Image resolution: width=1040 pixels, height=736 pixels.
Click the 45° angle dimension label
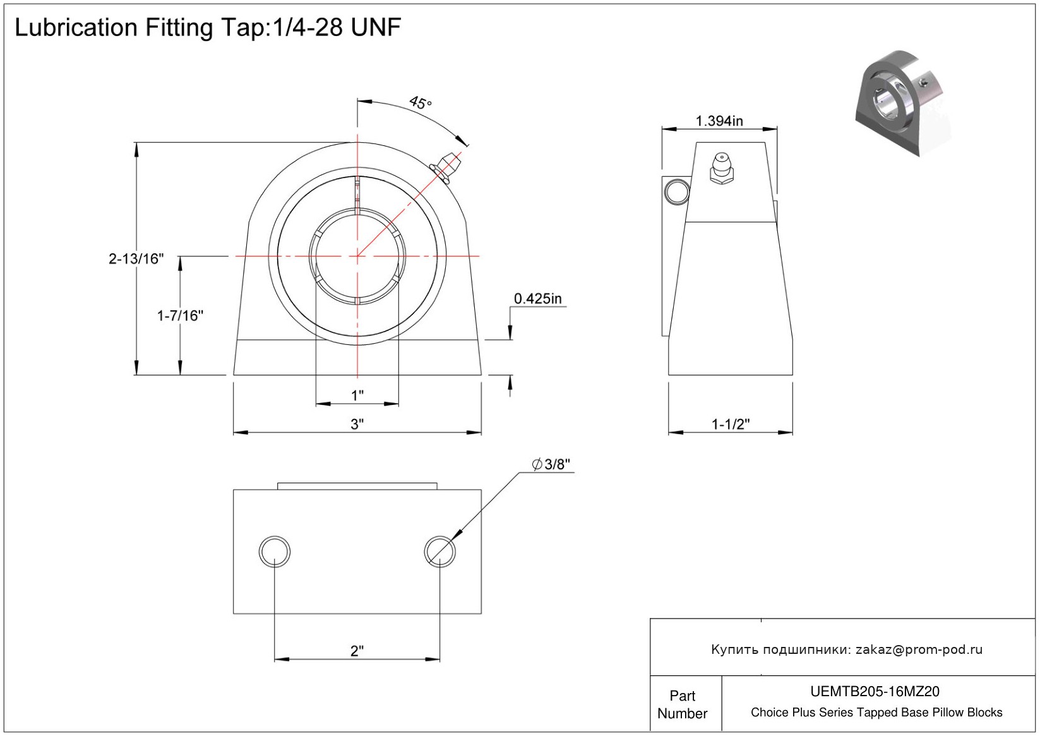point(420,102)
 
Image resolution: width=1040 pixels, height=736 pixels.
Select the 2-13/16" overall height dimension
point(136,258)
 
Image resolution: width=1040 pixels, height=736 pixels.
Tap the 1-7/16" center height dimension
point(180,315)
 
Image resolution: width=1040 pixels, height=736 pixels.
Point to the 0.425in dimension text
point(537,299)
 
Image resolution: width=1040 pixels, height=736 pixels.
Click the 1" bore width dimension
point(357,395)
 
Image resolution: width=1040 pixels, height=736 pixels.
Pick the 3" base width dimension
point(357,424)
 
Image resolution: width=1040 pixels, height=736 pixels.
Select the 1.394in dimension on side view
point(719,121)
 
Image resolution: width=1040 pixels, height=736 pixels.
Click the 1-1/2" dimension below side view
point(731,424)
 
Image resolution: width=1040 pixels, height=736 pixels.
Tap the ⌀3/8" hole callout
point(551,464)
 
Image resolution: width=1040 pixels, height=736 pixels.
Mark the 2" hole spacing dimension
point(357,651)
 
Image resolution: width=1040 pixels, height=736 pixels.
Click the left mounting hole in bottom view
point(275,551)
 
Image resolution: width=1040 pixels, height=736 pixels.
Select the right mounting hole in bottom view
point(440,551)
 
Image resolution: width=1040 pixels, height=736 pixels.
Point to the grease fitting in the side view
point(721,167)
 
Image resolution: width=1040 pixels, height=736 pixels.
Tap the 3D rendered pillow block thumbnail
point(902,103)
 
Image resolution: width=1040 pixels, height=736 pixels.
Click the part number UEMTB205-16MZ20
point(875,692)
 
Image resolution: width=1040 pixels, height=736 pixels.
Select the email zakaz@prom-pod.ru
point(919,649)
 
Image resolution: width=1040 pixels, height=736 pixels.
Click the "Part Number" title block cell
point(682,704)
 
